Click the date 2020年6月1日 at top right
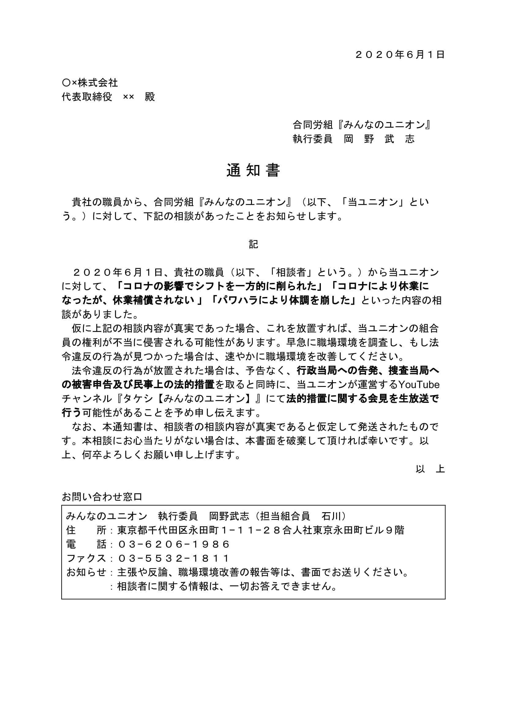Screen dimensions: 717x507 point(400,55)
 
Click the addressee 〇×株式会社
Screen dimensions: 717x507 point(90,83)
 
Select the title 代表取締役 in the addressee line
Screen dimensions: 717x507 point(87,97)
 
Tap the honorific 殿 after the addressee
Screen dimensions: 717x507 point(150,97)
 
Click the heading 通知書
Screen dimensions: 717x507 point(253,171)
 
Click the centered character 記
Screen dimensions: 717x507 point(253,245)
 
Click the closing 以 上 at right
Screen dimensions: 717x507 point(430,469)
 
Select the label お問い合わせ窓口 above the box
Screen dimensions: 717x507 point(102,497)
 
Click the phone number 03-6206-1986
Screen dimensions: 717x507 point(174,545)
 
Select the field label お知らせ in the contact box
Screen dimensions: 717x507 point(86,573)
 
